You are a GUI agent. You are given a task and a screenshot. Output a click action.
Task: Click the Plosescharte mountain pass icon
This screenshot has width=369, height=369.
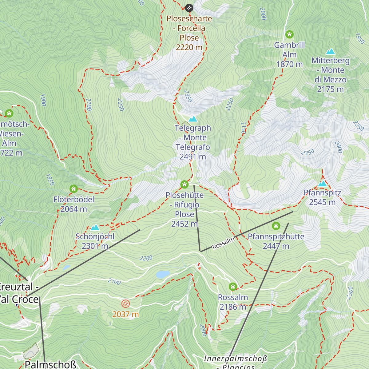(x=189, y=7)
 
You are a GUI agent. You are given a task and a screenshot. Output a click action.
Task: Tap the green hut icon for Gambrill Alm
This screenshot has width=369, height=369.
(x=289, y=34)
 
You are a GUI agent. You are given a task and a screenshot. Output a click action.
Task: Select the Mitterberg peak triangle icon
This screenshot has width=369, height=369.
(x=331, y=51)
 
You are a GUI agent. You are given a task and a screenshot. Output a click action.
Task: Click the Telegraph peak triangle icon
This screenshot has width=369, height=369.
(x=193, y=119)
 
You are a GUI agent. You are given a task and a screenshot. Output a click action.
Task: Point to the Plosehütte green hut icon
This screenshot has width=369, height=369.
(x=184, y=184)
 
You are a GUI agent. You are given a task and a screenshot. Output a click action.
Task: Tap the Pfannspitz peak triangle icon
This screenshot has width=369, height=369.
(x=322, y=184)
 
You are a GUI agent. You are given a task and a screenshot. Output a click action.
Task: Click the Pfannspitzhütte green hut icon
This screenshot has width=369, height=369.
(x=276, y=226)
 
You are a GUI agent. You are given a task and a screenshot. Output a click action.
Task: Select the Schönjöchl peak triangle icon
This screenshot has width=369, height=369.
(x=95, y=228)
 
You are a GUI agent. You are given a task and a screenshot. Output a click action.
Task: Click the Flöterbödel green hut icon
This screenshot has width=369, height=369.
(x=73, y=188)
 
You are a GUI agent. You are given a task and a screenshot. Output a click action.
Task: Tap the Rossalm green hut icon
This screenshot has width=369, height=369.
(x=233, y=287)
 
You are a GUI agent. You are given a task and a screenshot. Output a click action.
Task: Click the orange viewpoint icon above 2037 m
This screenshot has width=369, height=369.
(x=125, y=304)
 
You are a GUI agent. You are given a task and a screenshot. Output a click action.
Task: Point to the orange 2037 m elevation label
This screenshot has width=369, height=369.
(x=125, y=314)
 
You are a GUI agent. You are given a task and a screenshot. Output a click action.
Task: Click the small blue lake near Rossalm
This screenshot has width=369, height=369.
(x=163, y=274)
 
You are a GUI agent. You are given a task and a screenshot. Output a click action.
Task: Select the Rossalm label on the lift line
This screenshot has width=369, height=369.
(x=223, y=243)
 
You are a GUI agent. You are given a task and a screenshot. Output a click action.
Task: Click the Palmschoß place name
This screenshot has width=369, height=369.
(x=50, y=365)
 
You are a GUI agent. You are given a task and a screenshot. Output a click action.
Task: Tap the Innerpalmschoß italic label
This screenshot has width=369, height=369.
(x=235, y=359)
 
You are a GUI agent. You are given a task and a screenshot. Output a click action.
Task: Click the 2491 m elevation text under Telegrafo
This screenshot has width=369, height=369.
(x=193, y=157)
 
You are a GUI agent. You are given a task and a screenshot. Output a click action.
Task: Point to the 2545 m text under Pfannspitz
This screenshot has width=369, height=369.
(x=322, y=202)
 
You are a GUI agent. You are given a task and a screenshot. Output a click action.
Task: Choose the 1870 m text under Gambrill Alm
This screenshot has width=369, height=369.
(x=289, y=64)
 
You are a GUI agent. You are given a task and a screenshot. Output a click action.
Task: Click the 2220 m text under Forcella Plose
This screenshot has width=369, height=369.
(x=189, y=47)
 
